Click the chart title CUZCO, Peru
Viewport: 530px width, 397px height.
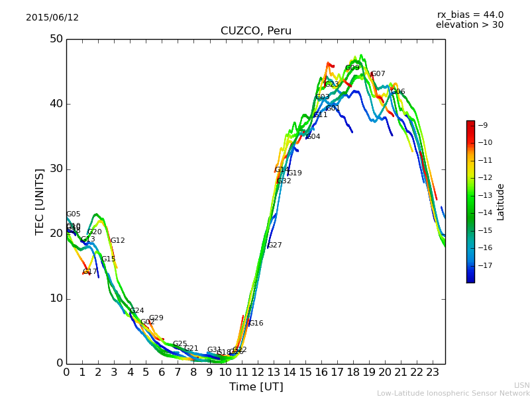tap(256, 31)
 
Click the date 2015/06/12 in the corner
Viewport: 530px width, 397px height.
tap(52, 17)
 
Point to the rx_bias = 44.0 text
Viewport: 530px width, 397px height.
tap(470, 15)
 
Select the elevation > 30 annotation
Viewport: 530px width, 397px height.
tap(469, 25)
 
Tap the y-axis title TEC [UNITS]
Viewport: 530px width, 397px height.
tap(40, 202)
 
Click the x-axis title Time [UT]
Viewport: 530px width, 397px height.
tap(256, 387)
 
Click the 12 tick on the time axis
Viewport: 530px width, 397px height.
tap(257, 373)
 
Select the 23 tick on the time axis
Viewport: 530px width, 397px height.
tap(433, 373)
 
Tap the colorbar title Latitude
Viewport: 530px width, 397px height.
tap(501, 202)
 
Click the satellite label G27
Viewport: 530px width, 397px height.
tap(275, 245)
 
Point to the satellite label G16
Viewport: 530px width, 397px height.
tap(256, 324)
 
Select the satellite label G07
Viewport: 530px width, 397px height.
tap(378, 74)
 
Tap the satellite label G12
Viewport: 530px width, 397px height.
tap(118, 241)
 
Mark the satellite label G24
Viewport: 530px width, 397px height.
tap(137, 311)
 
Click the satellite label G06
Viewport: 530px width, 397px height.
tap(398, 92)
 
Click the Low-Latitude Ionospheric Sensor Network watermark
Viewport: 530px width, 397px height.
tap(453, 393)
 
